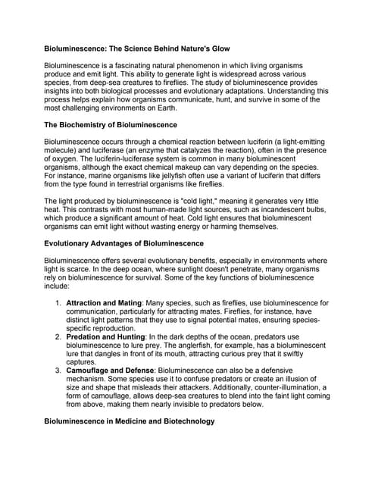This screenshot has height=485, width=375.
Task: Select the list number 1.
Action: coord(58,302)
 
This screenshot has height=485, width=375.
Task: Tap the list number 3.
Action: coord(58,371)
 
